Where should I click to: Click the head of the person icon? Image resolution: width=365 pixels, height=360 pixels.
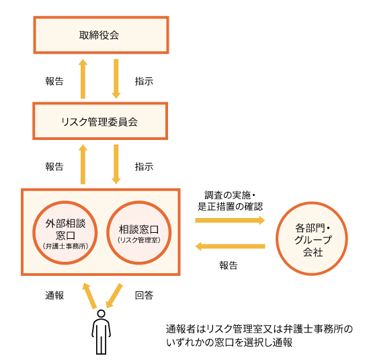tap(101, 314)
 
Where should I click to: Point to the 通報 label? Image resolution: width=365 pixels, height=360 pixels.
tap(54, 295)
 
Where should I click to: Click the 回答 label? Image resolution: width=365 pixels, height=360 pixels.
tap(144, 295)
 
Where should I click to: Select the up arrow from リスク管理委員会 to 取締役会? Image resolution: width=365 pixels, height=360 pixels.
tap(83, 79)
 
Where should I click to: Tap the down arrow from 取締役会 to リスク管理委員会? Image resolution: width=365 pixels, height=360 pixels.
tap(116, 79)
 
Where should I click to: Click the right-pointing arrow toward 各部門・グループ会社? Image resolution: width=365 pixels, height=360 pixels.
tap(230, 220)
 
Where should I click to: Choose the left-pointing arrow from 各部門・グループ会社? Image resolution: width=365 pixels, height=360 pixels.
tap(230, 246)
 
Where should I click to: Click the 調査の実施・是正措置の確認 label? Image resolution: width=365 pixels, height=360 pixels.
tap(230, 201)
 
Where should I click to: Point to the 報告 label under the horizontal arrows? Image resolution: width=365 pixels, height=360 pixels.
tap(229, 265)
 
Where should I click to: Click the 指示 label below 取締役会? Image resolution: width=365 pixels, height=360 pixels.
tap(144, 81)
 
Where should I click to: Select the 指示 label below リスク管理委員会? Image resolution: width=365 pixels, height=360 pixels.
tap(144, 167)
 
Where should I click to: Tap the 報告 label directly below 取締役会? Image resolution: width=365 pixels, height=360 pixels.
tap(54, 81)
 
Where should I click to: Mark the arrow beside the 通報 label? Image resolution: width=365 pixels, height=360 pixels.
tap(89, 296)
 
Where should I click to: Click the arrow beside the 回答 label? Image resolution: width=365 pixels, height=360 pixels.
tap(114, 296)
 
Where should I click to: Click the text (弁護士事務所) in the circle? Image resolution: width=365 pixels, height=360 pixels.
tap(65, 246)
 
